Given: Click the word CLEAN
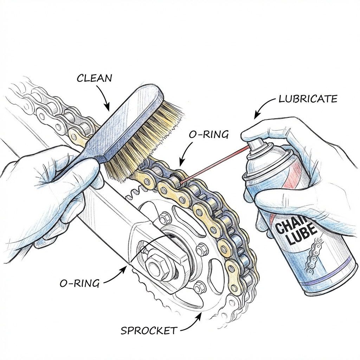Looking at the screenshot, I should (x=94, y=78).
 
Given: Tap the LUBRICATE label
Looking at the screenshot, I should (x=308, y=99).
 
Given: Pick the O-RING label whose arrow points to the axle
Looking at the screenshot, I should (x=79, y=283).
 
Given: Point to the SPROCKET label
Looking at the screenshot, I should (x=149, y=330).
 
